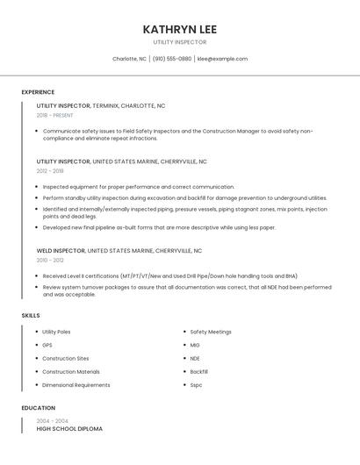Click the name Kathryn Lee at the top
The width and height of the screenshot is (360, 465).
[x=179, y=29]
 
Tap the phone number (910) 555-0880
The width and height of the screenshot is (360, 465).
[x=172, y=59]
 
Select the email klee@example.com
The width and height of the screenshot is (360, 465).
[x=222, y=59]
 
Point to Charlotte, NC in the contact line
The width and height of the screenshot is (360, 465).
[x=129, y=59]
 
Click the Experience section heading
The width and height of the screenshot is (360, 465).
[x=38, y=92]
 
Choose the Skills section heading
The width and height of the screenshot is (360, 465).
[x=31, y=315]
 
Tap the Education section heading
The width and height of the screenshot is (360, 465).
[x=39, y=408]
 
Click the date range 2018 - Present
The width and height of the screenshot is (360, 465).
[x=54, y=115]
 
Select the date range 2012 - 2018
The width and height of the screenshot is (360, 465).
[x=50, y=171]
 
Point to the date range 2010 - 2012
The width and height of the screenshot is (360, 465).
[x=50, y=260]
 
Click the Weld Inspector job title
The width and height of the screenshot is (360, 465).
[x=61, y=250]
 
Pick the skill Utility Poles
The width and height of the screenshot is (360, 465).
[x=56, y=332]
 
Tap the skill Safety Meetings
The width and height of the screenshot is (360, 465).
[x=211, y=332]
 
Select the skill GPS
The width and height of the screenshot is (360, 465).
[x=47, y=345]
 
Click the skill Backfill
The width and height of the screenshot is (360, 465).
[x=199, y=371]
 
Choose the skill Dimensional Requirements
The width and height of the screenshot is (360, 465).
[x=76, y=384]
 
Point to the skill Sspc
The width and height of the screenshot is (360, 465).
[x=196, y=384]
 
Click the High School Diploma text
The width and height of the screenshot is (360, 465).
[x=69, y=429]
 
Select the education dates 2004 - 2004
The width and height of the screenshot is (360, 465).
[x=52, y=421]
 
